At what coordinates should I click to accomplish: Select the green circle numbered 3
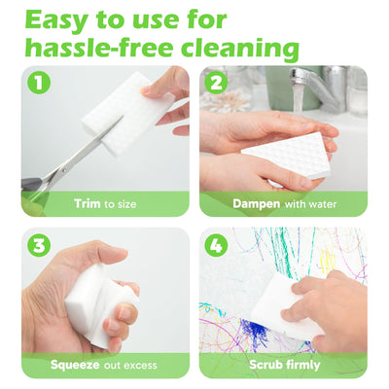pos(38,244)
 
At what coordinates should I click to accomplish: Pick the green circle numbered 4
pos(216,244)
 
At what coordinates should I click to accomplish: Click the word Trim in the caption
pos(88,203)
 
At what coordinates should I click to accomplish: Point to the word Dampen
pos(257,204)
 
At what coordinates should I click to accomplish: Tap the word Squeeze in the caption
pos(75,365)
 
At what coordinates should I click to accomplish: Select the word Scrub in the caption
pos(265,365)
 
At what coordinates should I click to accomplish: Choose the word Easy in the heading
pos(56,20)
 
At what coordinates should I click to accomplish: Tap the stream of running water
pos(298,97)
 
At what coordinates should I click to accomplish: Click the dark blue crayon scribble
pos(255,332)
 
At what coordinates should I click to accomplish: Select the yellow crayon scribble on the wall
pos(328,260)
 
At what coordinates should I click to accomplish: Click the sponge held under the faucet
pos(288,155)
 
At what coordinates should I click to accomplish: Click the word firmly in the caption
pos(302,366)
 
